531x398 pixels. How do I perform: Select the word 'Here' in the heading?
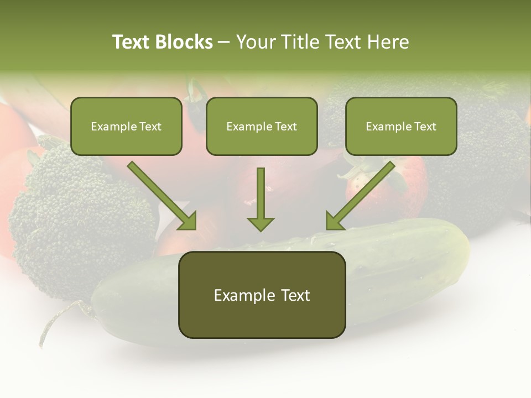389,42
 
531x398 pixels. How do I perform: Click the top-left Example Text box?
126,127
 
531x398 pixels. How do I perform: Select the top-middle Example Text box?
262,127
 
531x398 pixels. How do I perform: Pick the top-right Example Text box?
401,127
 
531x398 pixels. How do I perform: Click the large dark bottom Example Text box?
262,295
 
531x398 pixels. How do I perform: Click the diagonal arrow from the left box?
162,195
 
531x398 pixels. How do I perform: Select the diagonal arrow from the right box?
361,195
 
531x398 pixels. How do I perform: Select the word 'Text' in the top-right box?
424,127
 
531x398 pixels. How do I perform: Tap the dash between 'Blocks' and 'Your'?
224,42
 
